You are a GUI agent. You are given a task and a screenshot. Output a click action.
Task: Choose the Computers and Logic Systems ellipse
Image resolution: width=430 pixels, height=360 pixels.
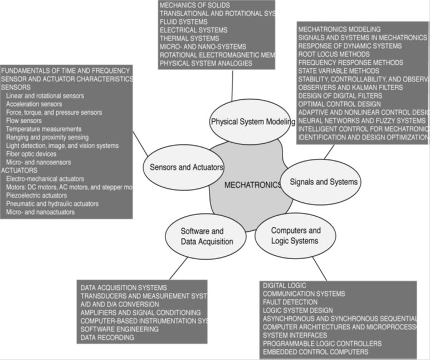pyautogui.click(x=295, y=236)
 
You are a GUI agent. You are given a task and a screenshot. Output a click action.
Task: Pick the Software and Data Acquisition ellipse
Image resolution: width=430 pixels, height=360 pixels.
pyautogui.click(x=206, y=236)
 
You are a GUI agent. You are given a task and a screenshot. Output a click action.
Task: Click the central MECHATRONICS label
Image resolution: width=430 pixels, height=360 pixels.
pyautogui.click(x=252, y=186)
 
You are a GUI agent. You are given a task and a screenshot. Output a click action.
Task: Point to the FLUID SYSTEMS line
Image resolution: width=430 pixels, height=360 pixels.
pyautogui.click(x=183, y=22)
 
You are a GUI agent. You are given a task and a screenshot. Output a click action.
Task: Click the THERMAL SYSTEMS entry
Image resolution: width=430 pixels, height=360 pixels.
pyautogui.click(x=190, y=38)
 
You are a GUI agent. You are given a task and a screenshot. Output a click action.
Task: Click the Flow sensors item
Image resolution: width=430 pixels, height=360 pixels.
pyautogui.click(x=24, y=120)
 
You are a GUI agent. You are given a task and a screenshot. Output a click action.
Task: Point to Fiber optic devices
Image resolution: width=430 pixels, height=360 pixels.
pyautogui.click(x=31, y=154)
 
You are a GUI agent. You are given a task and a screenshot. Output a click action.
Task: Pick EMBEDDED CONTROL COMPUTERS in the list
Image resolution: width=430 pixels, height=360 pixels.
pyautogui.click(x=315, y=352)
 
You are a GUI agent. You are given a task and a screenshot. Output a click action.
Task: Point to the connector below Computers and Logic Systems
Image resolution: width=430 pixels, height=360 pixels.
pyautogui.click(x=320, y=269)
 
